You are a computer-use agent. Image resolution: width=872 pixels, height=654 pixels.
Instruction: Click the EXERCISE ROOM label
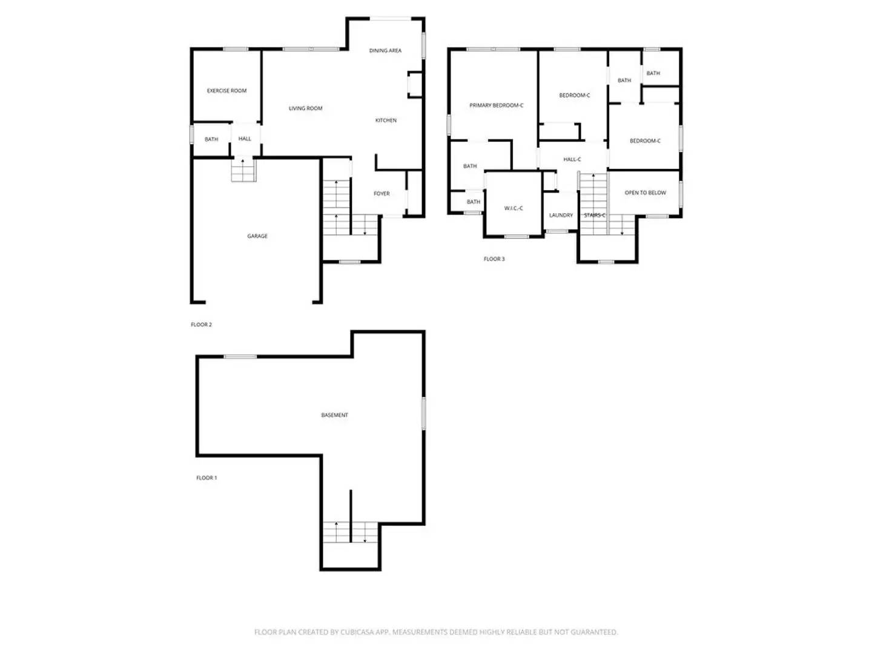tap(226, 91)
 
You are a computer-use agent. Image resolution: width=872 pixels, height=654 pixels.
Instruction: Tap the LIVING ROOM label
tap(305, 108)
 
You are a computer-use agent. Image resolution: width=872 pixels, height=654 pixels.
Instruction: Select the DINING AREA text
tap(385, 51)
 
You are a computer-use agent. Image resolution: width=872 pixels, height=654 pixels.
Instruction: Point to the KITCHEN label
tap(386, 121)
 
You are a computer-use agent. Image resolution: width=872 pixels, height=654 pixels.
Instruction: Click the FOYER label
tap(381, 194)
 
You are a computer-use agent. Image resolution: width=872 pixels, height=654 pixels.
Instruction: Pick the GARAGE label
tap(257, 236)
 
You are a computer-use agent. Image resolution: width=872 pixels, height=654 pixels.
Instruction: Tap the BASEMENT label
tap(334, 415)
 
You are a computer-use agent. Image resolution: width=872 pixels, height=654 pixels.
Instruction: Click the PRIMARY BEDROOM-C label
tap(496, 105)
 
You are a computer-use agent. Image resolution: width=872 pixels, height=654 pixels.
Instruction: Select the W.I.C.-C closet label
tap(514, 208)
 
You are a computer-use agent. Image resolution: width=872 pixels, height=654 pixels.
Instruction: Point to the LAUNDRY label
tap(561, 215)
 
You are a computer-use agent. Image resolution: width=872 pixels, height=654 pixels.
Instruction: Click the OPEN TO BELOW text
tap(645, 193)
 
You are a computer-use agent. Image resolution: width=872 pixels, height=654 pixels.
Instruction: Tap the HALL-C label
tap(572, 159)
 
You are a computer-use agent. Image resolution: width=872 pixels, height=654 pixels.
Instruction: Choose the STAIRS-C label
tap(594, 215)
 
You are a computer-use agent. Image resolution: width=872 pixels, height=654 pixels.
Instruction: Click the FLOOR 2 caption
tap(201, 325)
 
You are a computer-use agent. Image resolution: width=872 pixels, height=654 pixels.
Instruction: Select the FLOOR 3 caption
tap(494, 259)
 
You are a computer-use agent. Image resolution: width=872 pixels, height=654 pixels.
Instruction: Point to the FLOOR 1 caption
tap(206, 478)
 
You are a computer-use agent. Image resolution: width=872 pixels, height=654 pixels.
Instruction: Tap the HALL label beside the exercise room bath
tap(245, 139)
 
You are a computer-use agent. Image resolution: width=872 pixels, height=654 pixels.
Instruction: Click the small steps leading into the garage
tap(243, 170)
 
